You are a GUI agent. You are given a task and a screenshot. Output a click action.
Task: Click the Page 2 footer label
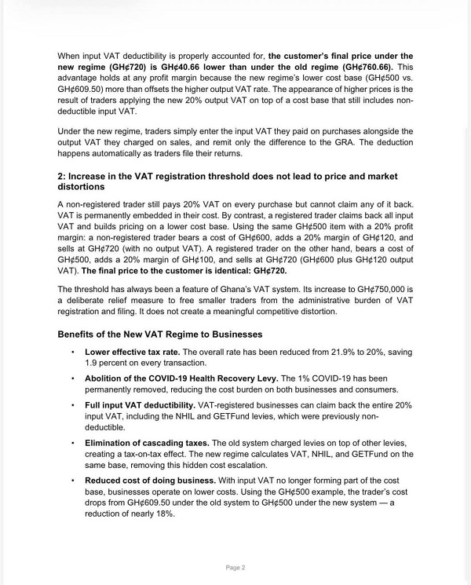pos(235,567)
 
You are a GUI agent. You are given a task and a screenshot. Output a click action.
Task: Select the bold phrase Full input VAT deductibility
pos(140,404)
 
